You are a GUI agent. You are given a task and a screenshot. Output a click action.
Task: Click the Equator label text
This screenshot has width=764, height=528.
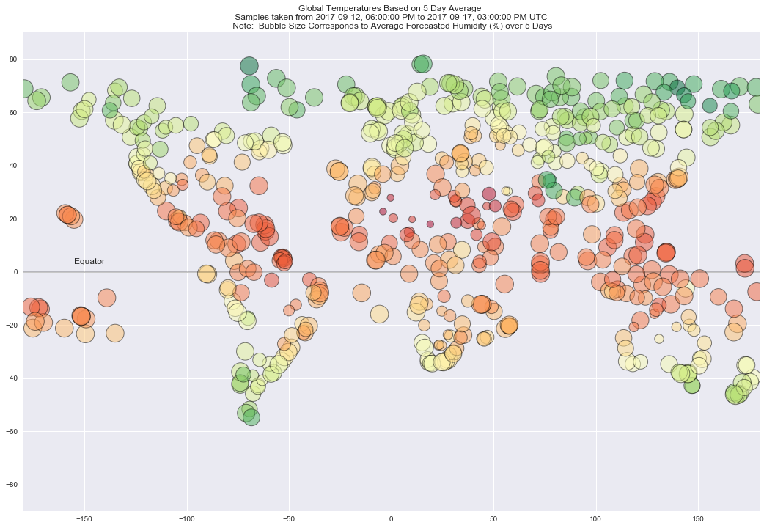[89, 262]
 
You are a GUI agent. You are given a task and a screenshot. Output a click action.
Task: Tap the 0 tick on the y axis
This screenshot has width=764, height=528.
[16, 272]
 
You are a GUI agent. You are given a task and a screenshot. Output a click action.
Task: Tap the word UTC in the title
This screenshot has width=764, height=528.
[537, 16]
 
